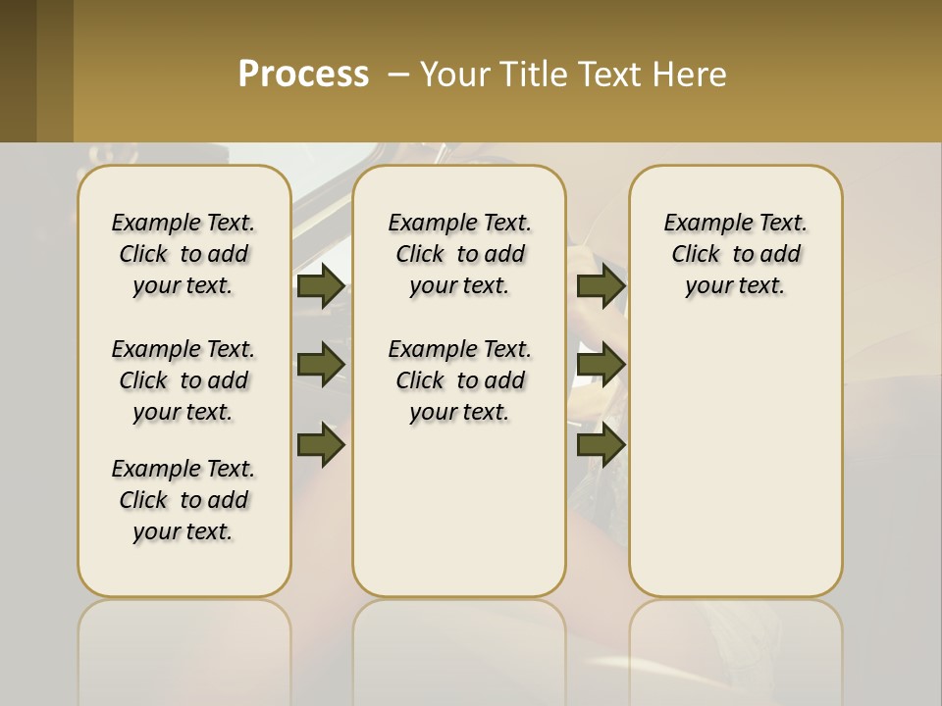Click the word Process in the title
303,74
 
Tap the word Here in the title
692,75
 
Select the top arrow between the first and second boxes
321,285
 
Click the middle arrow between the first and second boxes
321,365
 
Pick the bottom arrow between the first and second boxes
321,445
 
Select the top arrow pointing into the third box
601,285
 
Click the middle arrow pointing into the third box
601,365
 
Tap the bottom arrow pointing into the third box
601,445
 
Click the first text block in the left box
183,254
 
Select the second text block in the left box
183,380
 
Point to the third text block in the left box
183,500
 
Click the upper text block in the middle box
459,254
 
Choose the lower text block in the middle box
459,380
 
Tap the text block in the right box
735,254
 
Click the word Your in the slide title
455,75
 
